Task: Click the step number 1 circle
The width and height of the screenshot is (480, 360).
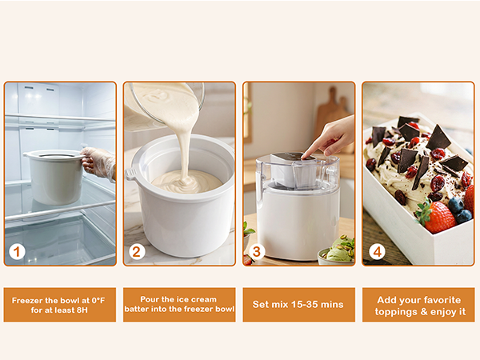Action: (x=18, y=252)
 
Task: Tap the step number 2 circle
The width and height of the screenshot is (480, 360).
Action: (x=137, y=252)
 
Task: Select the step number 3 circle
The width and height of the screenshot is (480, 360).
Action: (x=257, y=252)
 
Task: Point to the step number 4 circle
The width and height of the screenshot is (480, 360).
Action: (x=377, y=252)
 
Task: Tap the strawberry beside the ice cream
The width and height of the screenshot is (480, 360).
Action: (x=438, y=217)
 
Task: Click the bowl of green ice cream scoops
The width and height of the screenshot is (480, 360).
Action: (x=336, y=254)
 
